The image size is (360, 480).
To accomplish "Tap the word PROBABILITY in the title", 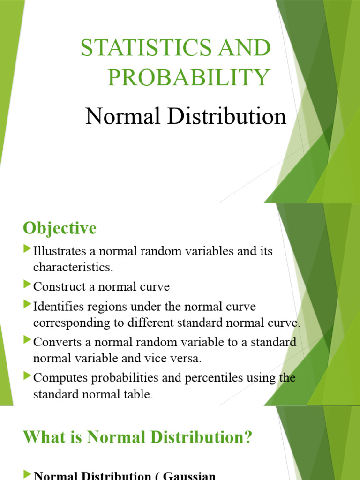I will [188, 77].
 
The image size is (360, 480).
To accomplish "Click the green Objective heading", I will [60, 229].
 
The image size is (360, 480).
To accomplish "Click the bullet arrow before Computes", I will [27, 376].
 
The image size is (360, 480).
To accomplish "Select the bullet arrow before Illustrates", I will [27, 249].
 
